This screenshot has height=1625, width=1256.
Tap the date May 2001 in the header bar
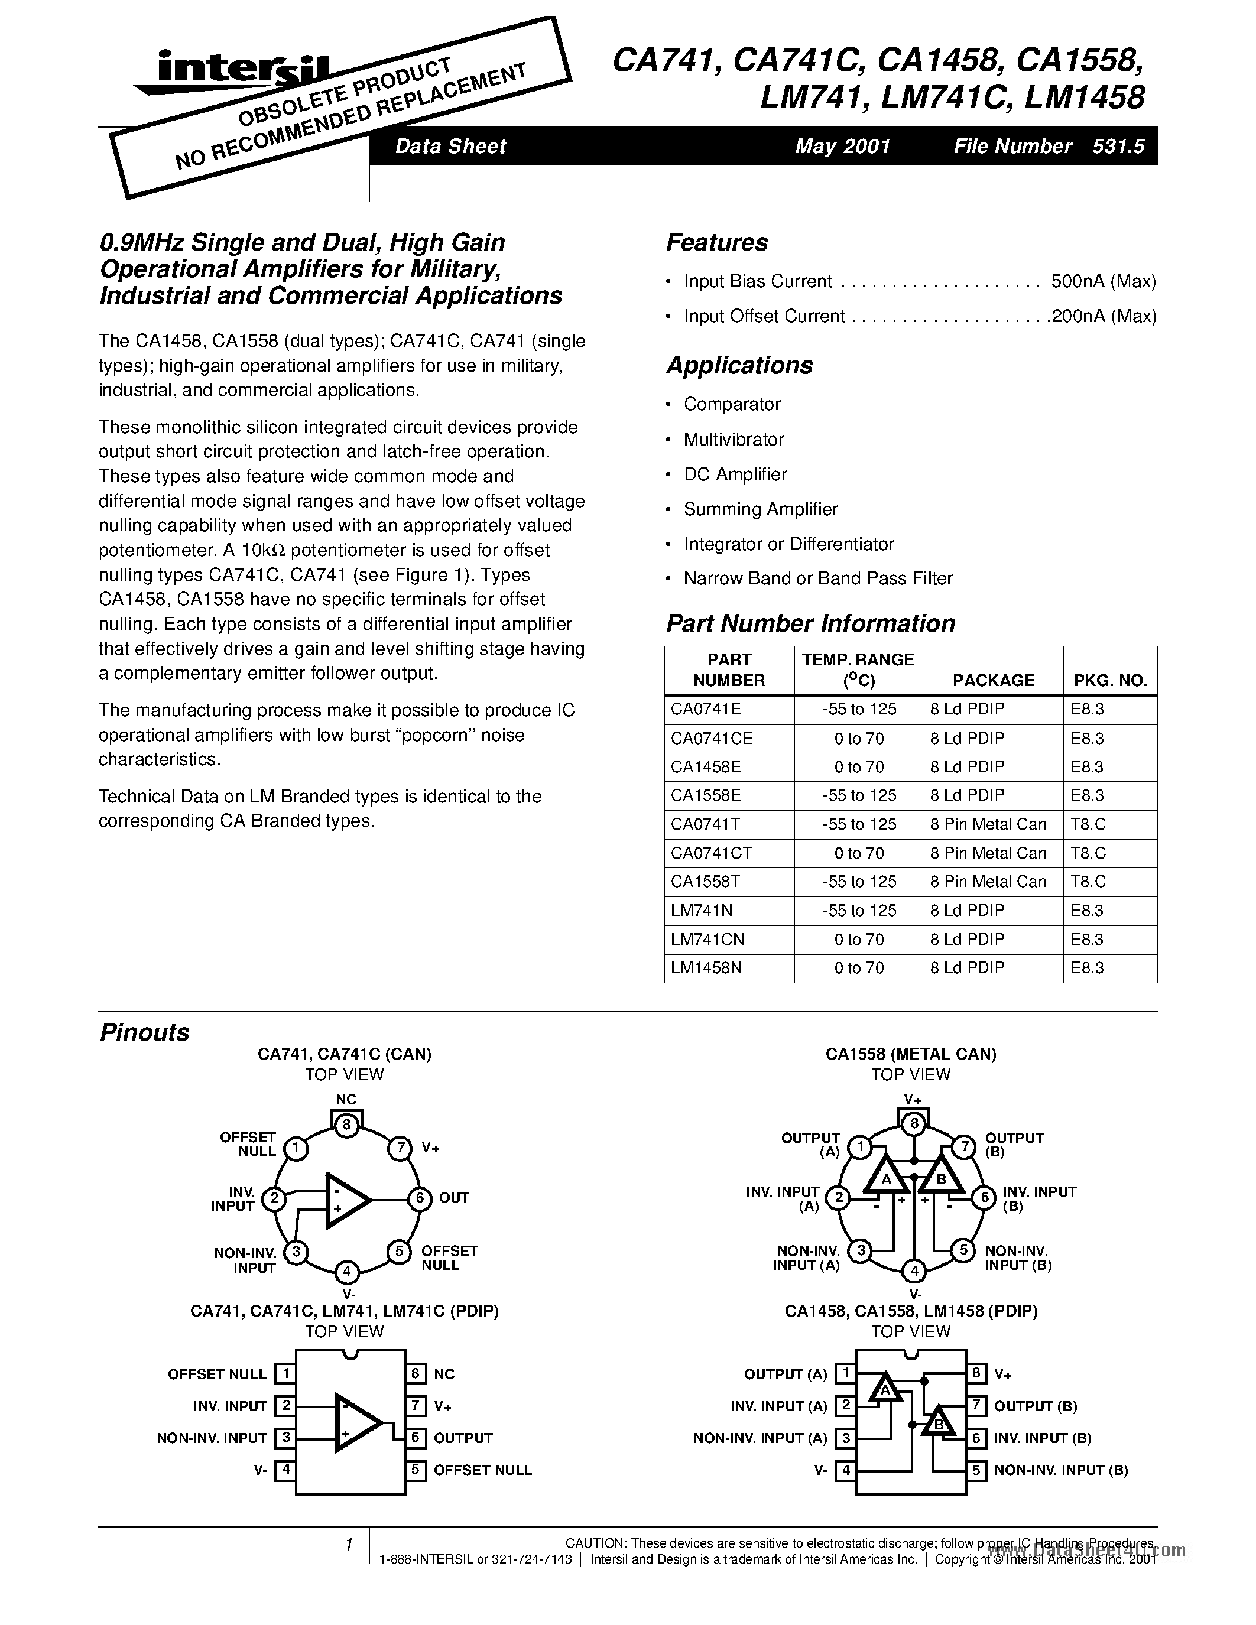pyautogui.click(x=842, y=146)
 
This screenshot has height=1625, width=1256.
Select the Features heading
pyautogui.click(x=716, y=242)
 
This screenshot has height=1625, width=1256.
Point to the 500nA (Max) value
pyautogui.click(x=1104, y=281)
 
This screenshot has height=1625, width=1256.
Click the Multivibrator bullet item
pyautogui.click(x=734, y=440)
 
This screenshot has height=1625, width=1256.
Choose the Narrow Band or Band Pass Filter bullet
pyautogui.click(x=818, y=579)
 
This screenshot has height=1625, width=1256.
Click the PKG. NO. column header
pyautogui.click(x=1109, y=680)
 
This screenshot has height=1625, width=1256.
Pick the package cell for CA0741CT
pyautogui.click(x=988, y=853)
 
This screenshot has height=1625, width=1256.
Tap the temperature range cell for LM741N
pyautogui.click(x=859, y=911)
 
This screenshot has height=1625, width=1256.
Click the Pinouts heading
pyautogui.click(x=144, y=1033)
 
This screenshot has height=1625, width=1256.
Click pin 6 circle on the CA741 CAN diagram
pyautogui.click(x=420, y=1198)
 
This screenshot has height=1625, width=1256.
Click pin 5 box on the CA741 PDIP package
pyautogui.click(x=416, y=1470)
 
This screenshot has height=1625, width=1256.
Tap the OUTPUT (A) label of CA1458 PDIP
pyautogui.click(x=785, y=1375)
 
